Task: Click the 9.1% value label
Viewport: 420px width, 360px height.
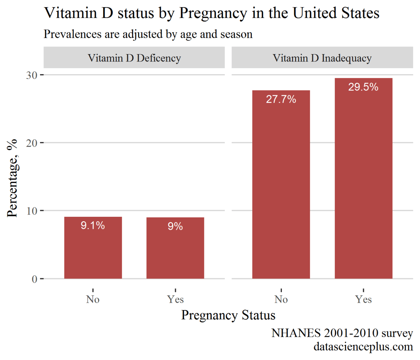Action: pyautogui.click(x=93, y=225)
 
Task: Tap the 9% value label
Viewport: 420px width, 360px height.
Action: pyautogui.click(x=175, y=226)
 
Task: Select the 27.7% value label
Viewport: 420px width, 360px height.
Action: pyautogui.click(x=281, y=99)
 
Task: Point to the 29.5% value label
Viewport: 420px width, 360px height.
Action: pyautogui.click(x=363, y=87)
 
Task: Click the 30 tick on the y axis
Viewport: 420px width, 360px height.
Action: pyautogui.click(x=31, y=75)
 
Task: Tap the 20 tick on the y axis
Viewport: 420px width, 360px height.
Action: pyautogui.click(x=31, y=143)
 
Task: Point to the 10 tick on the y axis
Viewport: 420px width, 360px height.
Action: pyautogui.click(x=31, y=211)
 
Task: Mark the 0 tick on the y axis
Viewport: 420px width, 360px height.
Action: pyautogui.click(x=34, y=279)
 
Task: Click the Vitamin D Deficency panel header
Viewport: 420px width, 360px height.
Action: pyautogui.click(x=134, y=58)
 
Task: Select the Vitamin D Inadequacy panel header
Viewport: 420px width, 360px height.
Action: pyautogui.click(x=322, y=58)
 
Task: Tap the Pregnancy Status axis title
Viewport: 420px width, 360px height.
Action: pyautogui.click(x=228, y=315)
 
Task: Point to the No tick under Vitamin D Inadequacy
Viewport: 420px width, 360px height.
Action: pyautogui.click(x=281, y=299)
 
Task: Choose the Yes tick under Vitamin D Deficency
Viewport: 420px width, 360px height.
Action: pyautogui.click(x=175, y=299)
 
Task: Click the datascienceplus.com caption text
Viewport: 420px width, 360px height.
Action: pyautogui.click(x=363, y=346)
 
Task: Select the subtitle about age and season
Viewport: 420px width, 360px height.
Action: pyautogui.click(x=148, y=34)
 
